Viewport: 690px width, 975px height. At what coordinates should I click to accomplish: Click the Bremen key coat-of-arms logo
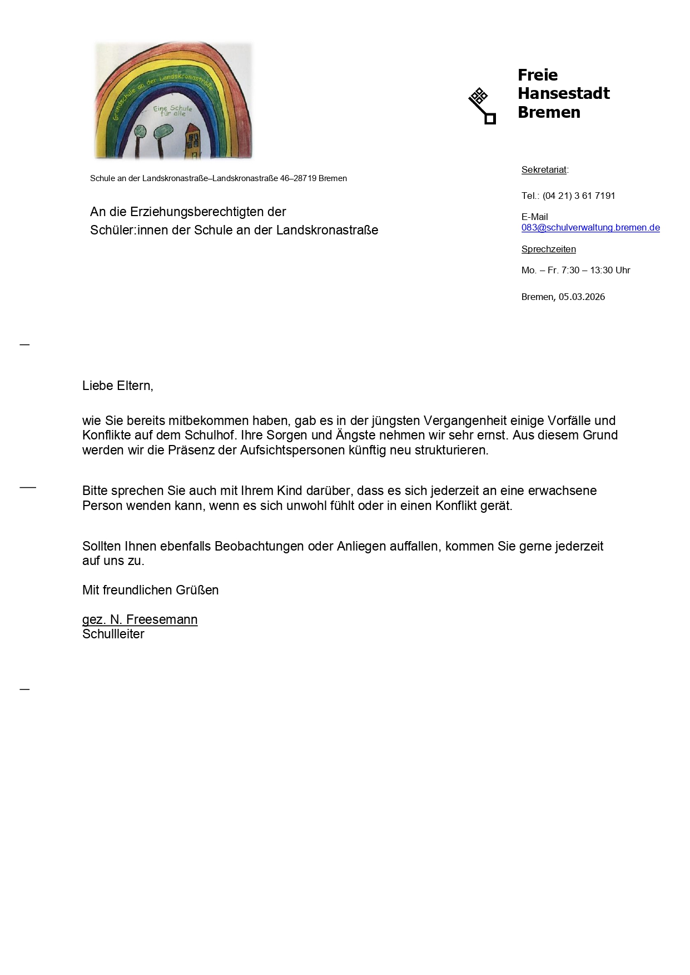tap(481, 106)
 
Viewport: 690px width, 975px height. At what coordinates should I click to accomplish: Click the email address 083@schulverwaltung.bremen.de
tap(590, 228)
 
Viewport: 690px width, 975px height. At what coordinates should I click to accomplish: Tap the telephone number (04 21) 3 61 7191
tap(579, 196)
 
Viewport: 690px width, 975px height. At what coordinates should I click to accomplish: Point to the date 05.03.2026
tap(582, 297)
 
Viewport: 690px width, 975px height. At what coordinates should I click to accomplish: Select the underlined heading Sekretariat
tap(544, 170)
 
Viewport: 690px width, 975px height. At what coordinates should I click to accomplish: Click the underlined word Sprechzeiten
tap(548, 249)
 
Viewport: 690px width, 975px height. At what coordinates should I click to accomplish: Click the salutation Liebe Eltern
tap(117, 386)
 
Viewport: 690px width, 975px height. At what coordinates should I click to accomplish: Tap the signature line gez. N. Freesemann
tap(140, 619)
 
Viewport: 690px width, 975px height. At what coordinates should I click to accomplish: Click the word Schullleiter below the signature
tap(113, 634)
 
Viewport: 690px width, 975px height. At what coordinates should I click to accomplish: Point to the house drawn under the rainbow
tap(192, 142)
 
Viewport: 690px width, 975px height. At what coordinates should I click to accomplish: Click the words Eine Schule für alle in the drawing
tap(173, 111)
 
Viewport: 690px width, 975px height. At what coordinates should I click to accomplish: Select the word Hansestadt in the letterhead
tap(563, 93)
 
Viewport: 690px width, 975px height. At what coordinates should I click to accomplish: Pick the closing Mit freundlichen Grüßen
tap(150, 590)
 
